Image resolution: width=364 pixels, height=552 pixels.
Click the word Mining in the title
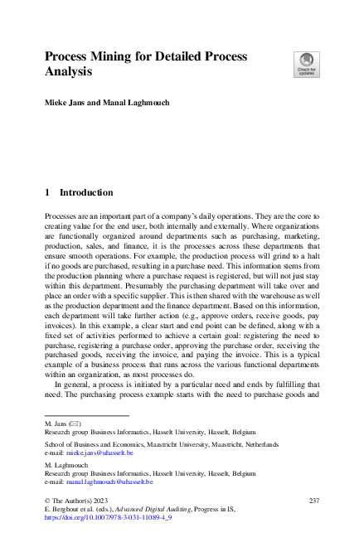point(114,56)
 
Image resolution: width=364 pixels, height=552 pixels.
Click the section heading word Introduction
point(86,192)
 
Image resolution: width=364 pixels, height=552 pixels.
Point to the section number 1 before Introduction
point(47,192)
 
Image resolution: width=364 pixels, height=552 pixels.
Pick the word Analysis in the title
point(68,72)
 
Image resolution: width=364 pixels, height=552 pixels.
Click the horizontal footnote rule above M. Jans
point(87,415)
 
